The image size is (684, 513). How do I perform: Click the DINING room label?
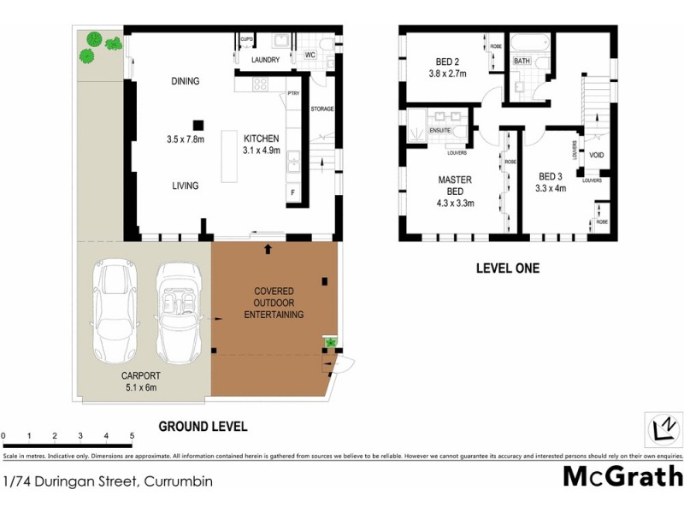(x=185, y=82)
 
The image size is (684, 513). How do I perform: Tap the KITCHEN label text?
(x=261, y=139)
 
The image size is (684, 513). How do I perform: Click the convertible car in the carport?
(x=179, y=312)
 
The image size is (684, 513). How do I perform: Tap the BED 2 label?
(x=444, y=62)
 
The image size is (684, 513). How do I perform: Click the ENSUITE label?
(x=440, y=130)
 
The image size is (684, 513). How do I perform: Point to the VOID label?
(x=596, y=156)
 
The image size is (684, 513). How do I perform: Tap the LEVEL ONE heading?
(x=507, y=268)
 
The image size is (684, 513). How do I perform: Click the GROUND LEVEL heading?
(x=203, y=426)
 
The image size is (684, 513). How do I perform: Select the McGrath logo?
(x=622, y=475)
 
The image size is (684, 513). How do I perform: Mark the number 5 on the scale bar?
(x=132, y=436)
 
